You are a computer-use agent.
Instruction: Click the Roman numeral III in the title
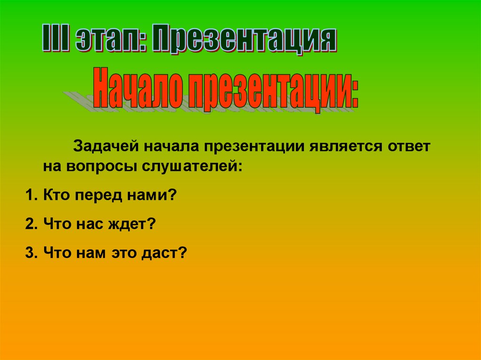(55, 38)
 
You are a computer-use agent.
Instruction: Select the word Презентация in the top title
(244, 40)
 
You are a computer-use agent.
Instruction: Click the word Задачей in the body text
(105, 146)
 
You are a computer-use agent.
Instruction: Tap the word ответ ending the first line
(409, 146)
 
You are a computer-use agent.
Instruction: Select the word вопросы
(101, 168)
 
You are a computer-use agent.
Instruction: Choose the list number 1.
(31, 195)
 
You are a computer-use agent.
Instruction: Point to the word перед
(99, 196)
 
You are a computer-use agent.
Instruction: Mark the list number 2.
(31, 224)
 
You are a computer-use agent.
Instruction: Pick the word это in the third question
(124, 254)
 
